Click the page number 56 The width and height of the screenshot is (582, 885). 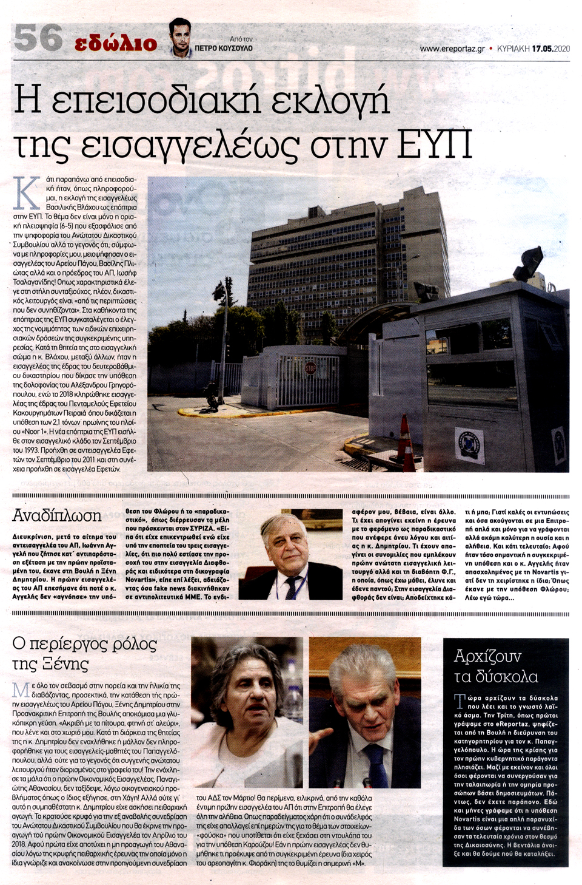click(38, 38)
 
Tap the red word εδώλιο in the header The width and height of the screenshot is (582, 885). click(115, 42)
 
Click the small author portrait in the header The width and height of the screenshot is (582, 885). click(180, 38)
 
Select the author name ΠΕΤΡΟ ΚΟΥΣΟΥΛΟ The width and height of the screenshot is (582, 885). click(224, 48)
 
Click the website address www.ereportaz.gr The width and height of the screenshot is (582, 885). click(452, 49)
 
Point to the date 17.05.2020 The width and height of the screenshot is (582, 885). click(551, 49)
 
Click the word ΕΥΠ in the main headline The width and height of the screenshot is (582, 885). click(434, 144)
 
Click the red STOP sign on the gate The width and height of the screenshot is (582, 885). click(310, 368)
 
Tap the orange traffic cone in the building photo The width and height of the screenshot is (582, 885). click(406, 437)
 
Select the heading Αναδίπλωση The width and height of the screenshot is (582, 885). click(57, 516)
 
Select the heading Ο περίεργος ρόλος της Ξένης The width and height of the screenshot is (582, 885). click(84, 653)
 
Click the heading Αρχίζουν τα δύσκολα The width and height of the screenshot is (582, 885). click(496, 666)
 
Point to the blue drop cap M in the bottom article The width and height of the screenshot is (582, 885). click(21, 690)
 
